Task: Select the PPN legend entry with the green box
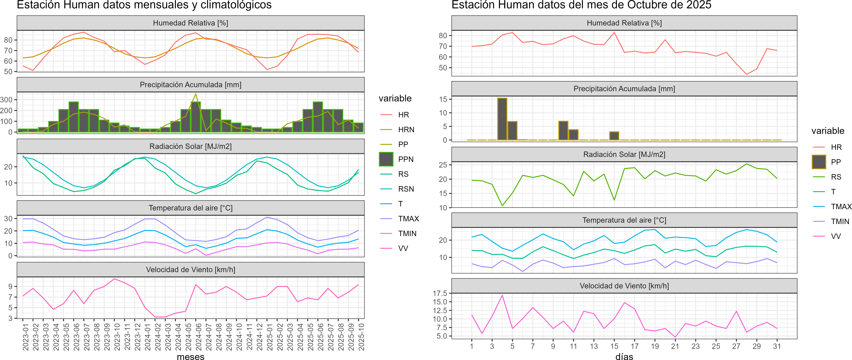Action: tap(405, 159)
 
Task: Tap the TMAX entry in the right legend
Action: tap(841, 207)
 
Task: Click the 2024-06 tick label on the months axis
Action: tap(198, 337)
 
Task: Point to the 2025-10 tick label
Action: tap(361, 337)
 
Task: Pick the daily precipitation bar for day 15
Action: tap(614, 136)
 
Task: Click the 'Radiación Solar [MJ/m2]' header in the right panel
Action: tap(624, 154)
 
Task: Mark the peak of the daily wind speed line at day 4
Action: tap(502, 295)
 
